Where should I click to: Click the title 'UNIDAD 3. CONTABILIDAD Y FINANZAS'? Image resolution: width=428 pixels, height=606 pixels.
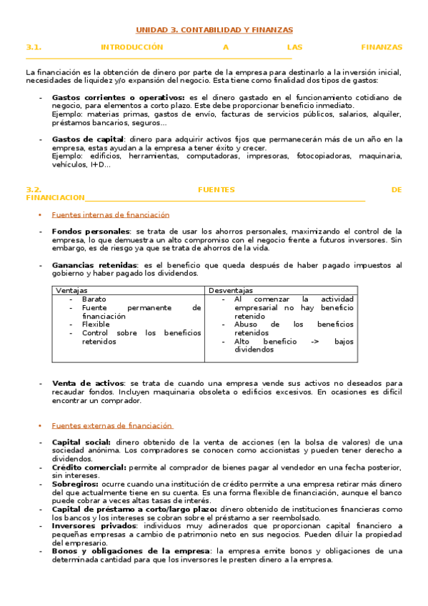coord(214,30)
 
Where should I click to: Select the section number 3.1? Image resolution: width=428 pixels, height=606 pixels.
coord(34,47)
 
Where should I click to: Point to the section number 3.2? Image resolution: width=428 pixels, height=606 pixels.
coord(34,189)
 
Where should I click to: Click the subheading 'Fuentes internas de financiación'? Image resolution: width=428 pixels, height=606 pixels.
coord(110,214)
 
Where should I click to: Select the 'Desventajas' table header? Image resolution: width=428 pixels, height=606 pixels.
coord(230,290)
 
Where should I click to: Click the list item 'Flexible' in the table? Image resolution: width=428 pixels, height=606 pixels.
coord(96,324)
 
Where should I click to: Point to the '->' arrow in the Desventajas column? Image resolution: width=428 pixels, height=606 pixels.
coord(314,341)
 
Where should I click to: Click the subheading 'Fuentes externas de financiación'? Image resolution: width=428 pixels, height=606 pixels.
coord(112,425)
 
